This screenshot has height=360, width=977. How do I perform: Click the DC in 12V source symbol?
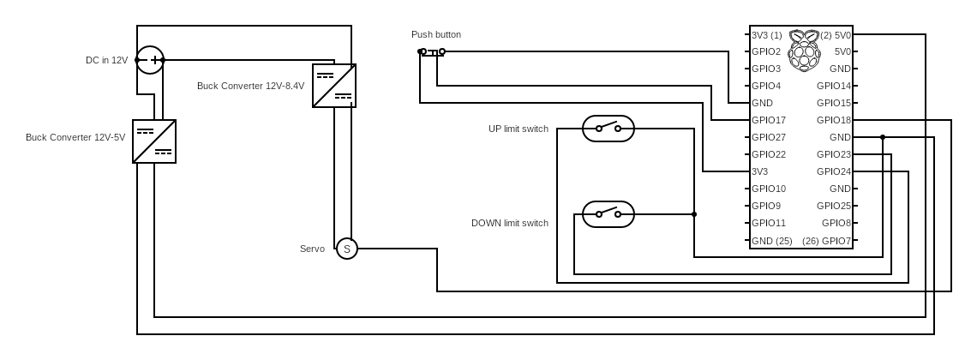tap(150, 60)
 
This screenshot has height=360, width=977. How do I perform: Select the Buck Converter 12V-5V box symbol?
tap(154, 141)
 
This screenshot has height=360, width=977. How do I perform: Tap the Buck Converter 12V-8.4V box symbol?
tap(334, 86)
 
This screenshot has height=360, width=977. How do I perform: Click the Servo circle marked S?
tap(346, 249)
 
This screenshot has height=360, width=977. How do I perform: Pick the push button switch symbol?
tap(432, 52)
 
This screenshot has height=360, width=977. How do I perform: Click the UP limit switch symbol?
tap(608, 129)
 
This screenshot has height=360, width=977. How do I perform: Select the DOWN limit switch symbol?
tap(608, 214)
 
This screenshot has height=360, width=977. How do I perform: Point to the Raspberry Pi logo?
tap(804, 50)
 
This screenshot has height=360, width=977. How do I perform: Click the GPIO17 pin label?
tap(769, 120)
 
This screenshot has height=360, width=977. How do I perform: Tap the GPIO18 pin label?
tap(834, 120)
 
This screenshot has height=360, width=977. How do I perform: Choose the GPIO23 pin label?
tap(834, 154)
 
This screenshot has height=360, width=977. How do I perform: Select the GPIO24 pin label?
tap(834, 171)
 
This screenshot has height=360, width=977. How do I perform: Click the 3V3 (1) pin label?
tap(767, 35)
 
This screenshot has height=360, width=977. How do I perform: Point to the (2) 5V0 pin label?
tap(836, 35)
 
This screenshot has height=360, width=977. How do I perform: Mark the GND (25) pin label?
tap(772, 241)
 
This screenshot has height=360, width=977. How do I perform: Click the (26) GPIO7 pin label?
tap(827, 241)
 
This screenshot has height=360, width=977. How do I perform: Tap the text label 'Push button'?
tap(436, 34)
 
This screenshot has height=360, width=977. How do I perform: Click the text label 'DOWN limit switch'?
tap(510, 223)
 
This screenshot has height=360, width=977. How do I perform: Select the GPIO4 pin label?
tap(766, 86)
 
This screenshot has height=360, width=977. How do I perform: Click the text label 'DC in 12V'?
tap(106, 60)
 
